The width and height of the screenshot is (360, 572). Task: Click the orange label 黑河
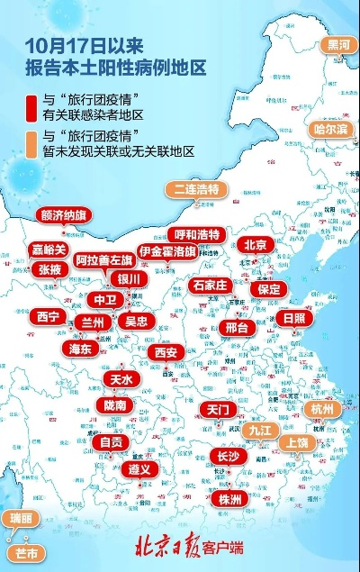click(339, 43)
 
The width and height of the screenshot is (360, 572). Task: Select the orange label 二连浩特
click(197, 189)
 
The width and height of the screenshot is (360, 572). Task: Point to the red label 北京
click(256, 244)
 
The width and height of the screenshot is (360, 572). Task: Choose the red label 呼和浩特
click(197, 234)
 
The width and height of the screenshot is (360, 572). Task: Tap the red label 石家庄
click(212, 286)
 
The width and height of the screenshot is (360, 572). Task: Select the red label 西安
click(166, 352)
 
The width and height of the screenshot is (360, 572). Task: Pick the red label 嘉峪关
click(49, 250)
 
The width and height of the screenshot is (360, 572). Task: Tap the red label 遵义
click(138, 469)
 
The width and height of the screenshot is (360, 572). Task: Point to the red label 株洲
click(229, 499)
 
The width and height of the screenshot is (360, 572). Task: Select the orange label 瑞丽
click(20, 518)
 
